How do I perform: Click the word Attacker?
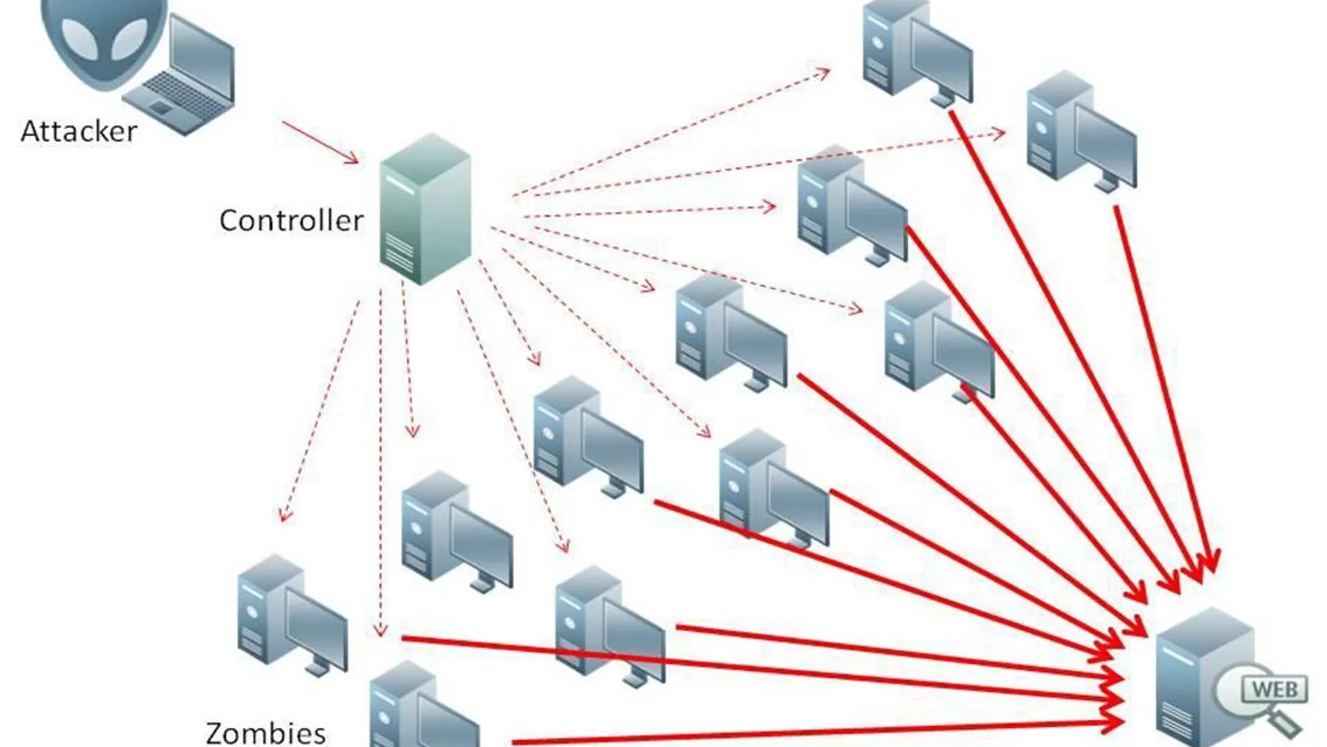pos(79,131)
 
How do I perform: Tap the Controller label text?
pos(291,221)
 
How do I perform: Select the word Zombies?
pos(265,732)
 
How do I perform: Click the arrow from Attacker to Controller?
pos(320,143)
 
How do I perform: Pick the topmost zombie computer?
pos(916,52)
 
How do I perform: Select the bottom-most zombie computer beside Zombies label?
pos(422,709)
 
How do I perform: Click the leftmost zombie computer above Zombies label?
pos(291,614)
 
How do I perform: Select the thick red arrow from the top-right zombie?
pos(1163,384)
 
